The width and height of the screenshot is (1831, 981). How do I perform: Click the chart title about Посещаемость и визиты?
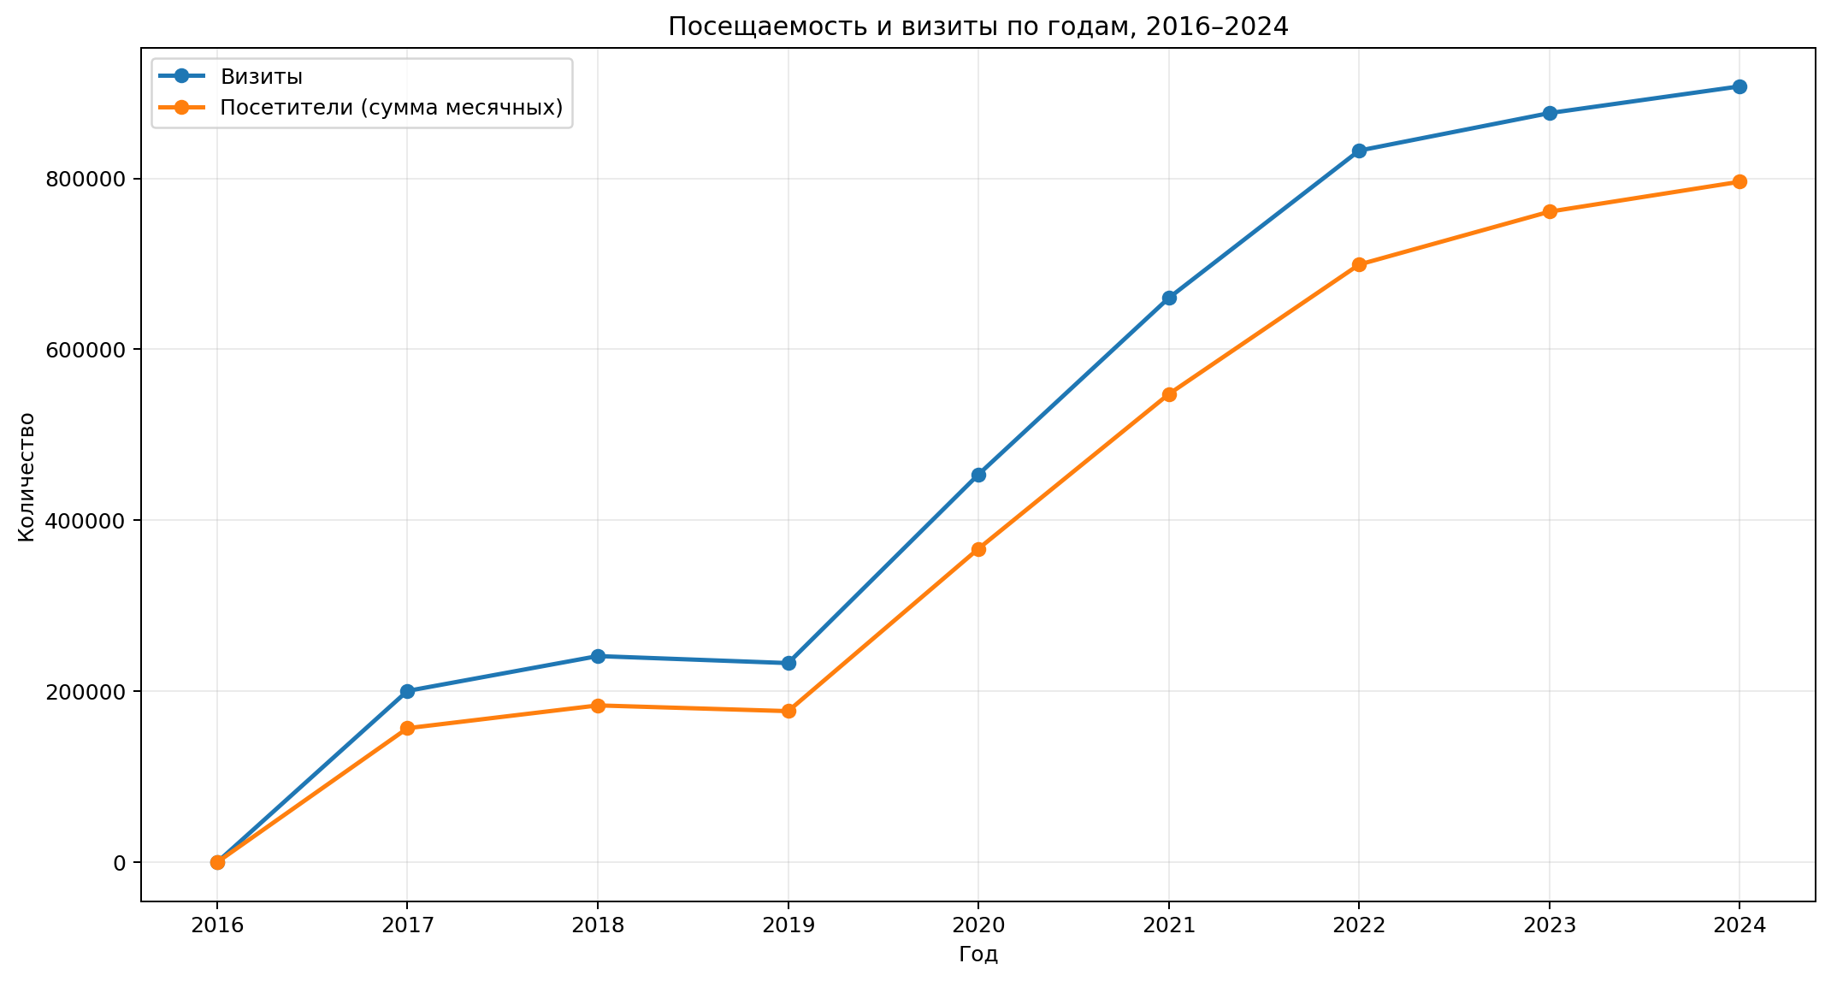(x=978, y=27)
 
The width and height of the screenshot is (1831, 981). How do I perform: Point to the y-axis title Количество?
(x=27, y=476)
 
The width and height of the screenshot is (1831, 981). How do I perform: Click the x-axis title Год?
(x=978, y=954)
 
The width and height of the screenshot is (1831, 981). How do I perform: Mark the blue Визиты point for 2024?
(x=1739, y=86)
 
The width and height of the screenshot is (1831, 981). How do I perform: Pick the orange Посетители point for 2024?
(x=1739, y=181)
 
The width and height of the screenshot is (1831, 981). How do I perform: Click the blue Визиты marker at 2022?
(x=1359, y=151)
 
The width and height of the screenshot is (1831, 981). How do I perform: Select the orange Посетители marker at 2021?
(x=1169, y=394)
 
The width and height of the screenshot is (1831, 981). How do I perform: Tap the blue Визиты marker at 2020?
(x=978, y=475)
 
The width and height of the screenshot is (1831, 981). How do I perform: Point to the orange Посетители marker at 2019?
(x=789, y=711)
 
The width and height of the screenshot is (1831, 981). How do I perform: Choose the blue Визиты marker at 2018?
(x=598, y=656)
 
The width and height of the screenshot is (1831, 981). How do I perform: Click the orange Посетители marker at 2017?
(x=407, y=728)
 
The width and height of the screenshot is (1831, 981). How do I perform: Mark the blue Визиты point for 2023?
(x=1549, y=113)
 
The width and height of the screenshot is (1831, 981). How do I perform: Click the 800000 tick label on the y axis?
(x=84, y=179)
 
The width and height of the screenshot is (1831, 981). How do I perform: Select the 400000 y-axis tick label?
(x=84, y=520)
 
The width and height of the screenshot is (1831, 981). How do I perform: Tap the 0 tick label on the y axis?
(x=119, y=862)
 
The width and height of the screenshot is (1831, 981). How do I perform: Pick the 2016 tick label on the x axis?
(x=217, y=925)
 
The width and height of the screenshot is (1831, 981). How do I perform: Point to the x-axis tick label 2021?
(x=1169, y=925)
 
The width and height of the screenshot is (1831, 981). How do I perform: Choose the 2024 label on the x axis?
(x=1739, y=925)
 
